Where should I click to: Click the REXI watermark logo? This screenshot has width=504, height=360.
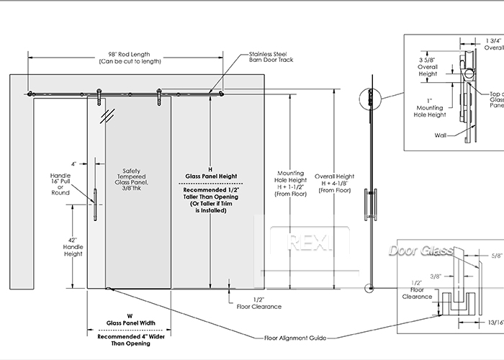pyautogui.click(x=309, y=243)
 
